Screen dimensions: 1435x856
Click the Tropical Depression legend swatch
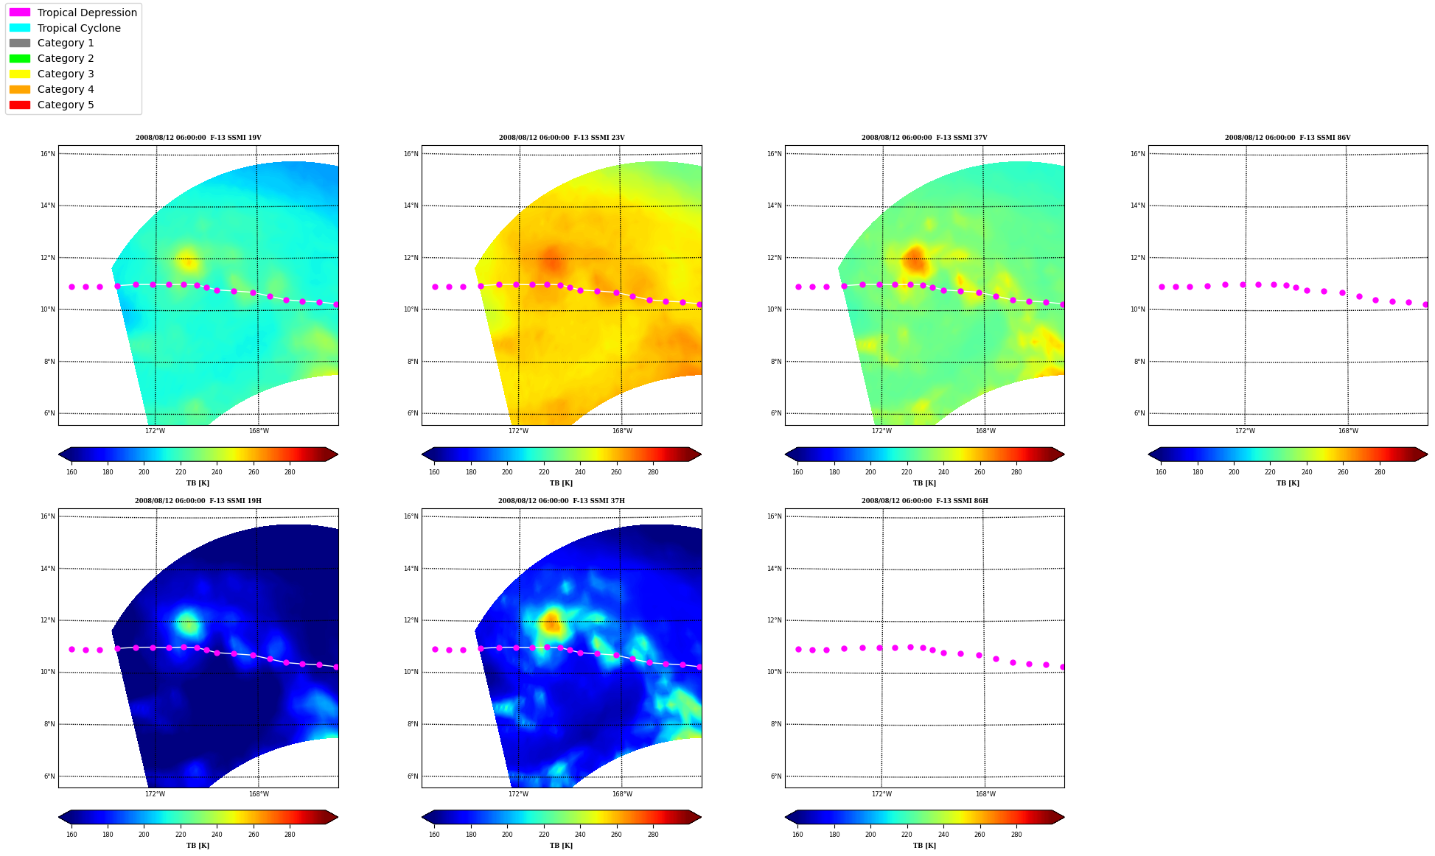tap(20, 13)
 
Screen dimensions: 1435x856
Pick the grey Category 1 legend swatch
tap(20, 43)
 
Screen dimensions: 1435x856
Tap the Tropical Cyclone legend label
tap(79, 28)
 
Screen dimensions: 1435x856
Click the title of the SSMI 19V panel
tap(198, 138)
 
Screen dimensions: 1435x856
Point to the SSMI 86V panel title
tap(1288, 138)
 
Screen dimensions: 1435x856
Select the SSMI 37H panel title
tap(561, 501)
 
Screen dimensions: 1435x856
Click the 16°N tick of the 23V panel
tap(411, 154)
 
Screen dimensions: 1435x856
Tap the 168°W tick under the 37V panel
tap(985, 431)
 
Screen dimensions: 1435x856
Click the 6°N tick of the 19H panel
tap(49, 776)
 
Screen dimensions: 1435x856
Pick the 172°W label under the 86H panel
tap(881, 794)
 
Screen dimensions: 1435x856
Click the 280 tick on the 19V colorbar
tap(290, 472)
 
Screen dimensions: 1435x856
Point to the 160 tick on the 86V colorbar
tap(1161, 472)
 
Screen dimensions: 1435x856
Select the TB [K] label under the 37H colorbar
tap(561, 846)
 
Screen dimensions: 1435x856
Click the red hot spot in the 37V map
tap(914, 259)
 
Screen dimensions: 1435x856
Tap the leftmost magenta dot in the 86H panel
tap(798, 650)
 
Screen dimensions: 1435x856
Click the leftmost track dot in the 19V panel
tap(71, 287)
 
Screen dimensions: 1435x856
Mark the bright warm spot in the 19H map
tap(187, 623)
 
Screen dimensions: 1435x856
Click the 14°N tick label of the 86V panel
tap(1138, 206)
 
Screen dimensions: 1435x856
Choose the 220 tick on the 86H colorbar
tap(907, 835)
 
